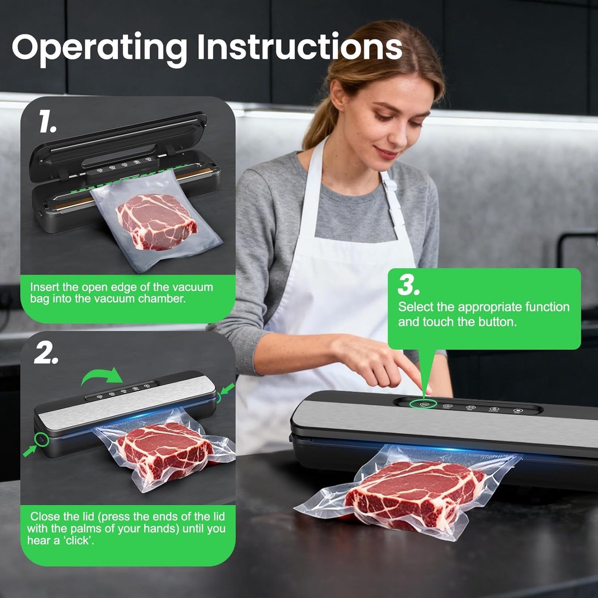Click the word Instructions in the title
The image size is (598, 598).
300,46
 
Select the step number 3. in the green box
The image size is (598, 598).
409,286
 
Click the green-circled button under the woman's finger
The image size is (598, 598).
423,404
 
